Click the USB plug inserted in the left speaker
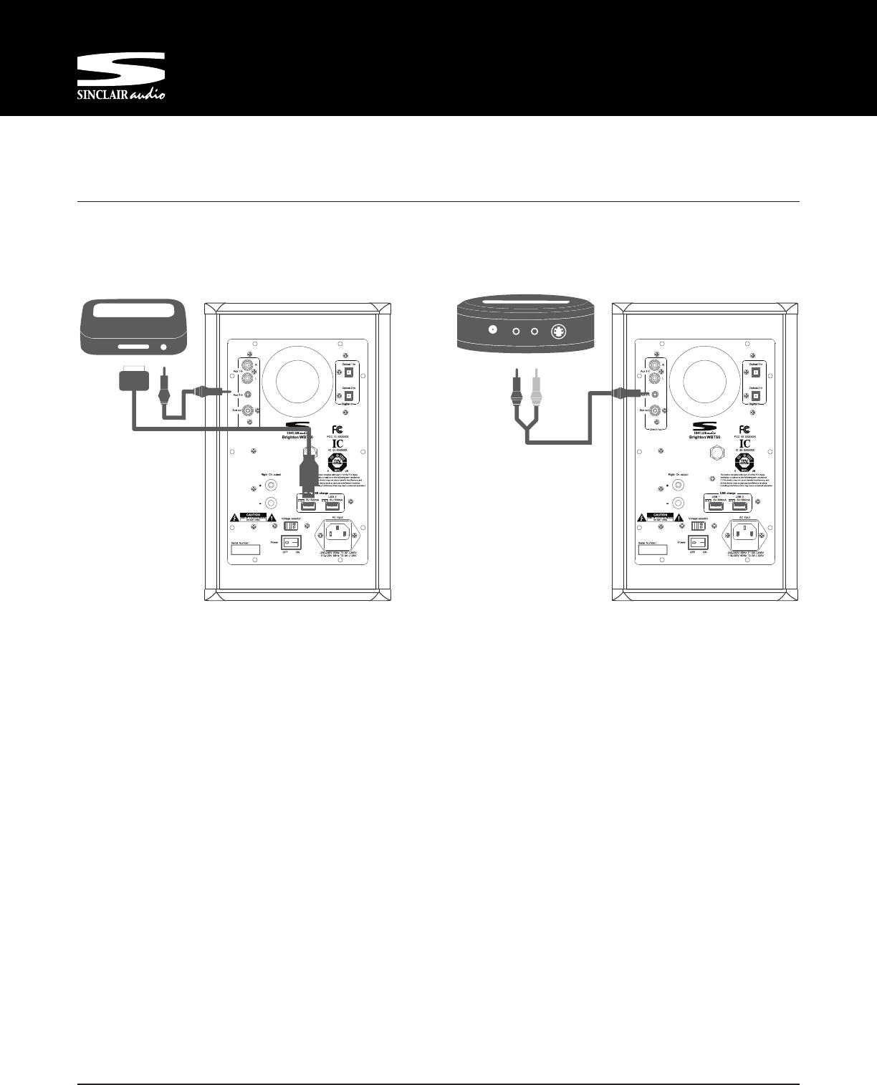click(310, 481)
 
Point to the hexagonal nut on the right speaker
click(714, 453)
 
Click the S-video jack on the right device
click(557, 331)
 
